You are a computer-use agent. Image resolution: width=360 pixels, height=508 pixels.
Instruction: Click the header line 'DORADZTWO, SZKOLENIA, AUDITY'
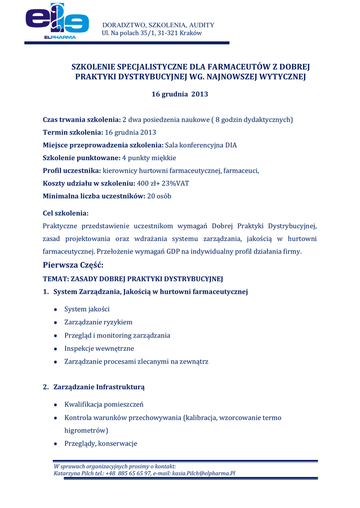(158, 25)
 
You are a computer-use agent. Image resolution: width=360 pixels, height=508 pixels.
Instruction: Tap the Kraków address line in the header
(151, 33)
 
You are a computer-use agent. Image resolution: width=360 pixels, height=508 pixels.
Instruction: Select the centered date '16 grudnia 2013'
(180, 94)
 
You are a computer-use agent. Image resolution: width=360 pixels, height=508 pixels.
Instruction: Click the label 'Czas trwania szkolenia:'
(82, 120)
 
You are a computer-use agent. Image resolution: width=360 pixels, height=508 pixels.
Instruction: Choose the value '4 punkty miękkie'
(149, 158)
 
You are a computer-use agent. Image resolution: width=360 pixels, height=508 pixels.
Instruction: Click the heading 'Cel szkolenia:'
(66, 213)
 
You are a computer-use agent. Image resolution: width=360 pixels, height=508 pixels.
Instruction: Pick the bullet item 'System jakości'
(87, 309)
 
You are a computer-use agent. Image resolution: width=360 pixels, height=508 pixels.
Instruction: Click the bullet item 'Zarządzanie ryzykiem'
(98, 322)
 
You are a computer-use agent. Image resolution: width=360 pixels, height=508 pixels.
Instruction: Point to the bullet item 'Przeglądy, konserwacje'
(101, 443)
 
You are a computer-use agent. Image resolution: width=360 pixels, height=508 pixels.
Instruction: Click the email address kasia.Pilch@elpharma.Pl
(204, 473)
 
